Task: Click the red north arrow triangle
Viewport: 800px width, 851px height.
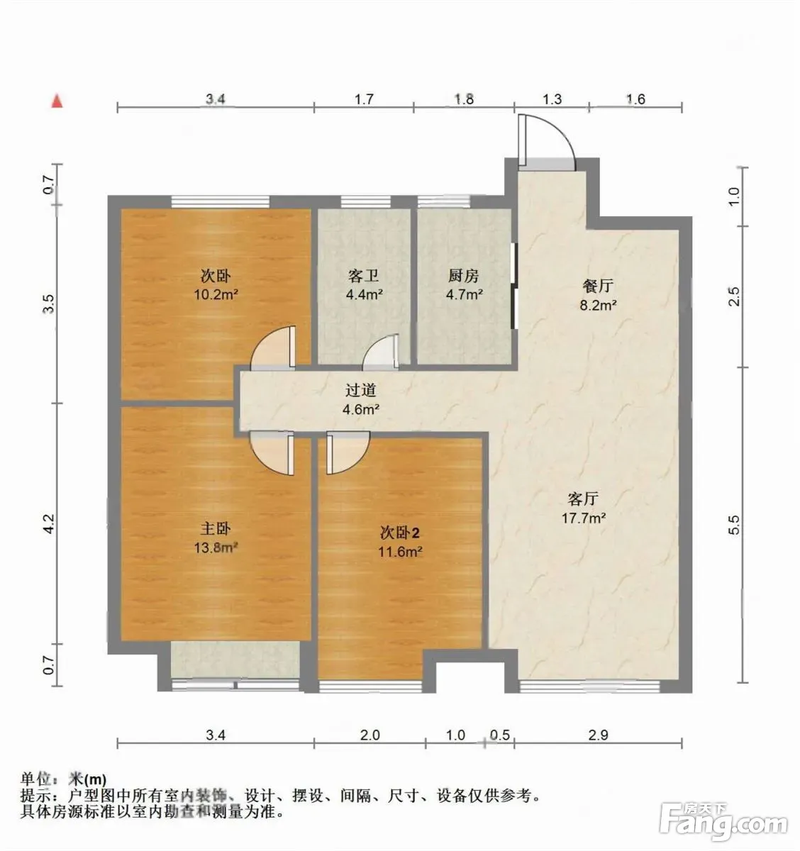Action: click(57, 101)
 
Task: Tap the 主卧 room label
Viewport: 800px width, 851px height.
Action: click(215, 528)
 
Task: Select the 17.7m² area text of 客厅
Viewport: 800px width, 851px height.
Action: click(584, 518)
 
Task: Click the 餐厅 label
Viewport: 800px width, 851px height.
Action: click(598, 285)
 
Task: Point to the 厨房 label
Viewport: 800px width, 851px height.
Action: click(463, 276)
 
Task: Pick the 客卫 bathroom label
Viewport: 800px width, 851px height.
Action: click(364, 276)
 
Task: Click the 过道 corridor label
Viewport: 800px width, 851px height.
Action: click(360, 390)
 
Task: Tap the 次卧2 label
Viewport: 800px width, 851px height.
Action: click(399, 533)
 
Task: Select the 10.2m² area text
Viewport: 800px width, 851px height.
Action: click(216, 294)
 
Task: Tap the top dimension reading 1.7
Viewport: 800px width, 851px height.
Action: click(364, 99)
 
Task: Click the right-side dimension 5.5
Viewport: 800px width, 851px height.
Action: click(734, 525)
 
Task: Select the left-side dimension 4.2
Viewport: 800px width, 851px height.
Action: click(50, 523)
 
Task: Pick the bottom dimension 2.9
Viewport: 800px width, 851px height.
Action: click(598, 735)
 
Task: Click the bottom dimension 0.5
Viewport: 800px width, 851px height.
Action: click(500, 735)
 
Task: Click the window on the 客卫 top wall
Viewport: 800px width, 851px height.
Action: click(366, 202)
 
